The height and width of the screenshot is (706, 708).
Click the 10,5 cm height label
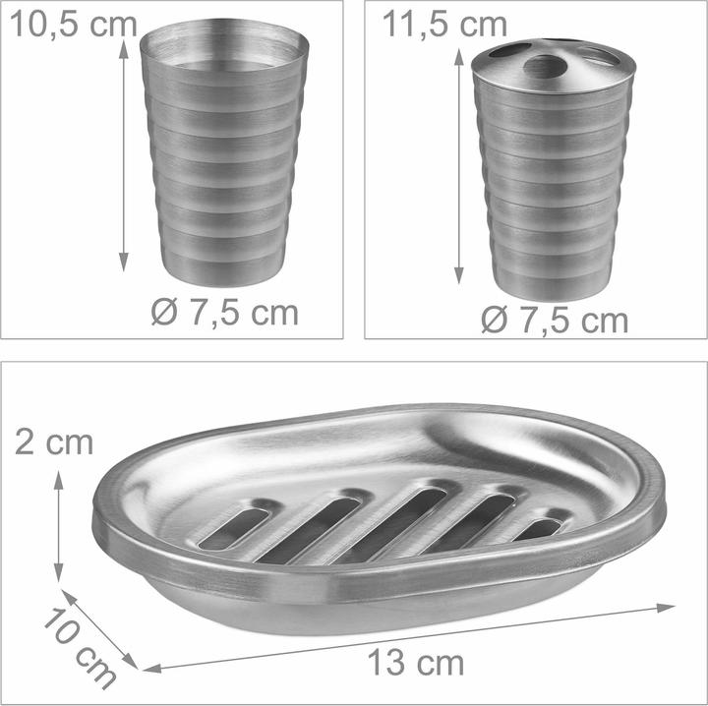coord(73,25)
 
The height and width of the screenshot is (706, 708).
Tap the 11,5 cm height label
coord(444,25)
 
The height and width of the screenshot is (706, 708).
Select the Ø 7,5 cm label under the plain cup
coord(225,313)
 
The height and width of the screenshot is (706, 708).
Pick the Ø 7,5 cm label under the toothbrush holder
coord(555,320)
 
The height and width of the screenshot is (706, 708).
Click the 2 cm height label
coord(54,442)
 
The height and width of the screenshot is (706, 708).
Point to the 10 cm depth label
coord(80,648)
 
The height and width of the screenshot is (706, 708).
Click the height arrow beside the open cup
coord(123,155)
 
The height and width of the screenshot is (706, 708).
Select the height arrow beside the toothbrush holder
coord(459,166)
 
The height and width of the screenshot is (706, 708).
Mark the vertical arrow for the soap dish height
coord(59,526)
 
